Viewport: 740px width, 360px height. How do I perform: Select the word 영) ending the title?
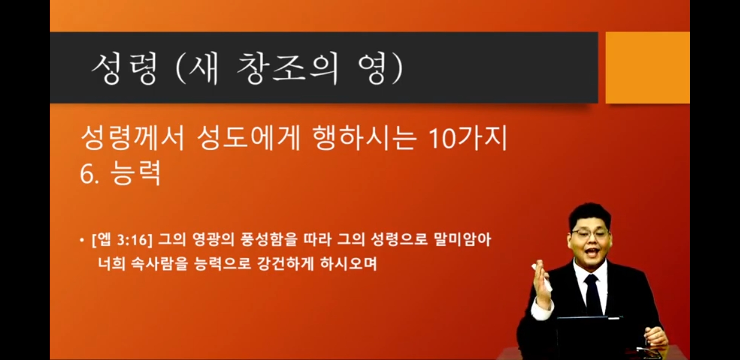click(x=380, y=69)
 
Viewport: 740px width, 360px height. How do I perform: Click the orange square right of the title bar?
click(x=648, y=68)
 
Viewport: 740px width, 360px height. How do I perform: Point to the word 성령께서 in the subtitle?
click(x=133, y=138)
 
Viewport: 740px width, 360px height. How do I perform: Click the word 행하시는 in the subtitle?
click(x=365, y=138)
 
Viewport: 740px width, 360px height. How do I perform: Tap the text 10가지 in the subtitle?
click(x=468, y=137)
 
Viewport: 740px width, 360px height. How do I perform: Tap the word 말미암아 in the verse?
click(x=462, y=240)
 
